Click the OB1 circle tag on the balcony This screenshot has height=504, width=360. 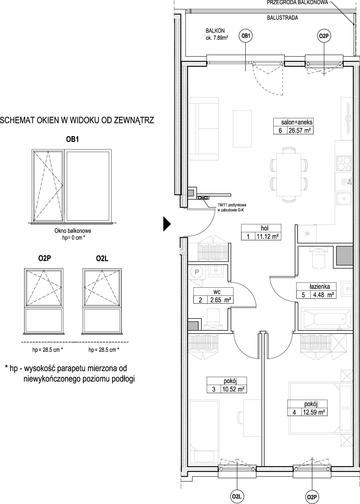[245, 36]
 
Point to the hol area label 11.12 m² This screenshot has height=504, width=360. [267, 236]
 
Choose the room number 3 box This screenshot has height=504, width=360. [214, 389]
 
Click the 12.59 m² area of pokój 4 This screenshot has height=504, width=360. [314, 412]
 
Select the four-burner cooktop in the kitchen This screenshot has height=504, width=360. [344, 163]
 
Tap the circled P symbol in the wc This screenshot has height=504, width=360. [197, 272]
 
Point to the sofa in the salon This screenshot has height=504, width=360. [204, 129]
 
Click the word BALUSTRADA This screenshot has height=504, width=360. [282, 18]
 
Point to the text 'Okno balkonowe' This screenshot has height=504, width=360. [73, 231]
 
